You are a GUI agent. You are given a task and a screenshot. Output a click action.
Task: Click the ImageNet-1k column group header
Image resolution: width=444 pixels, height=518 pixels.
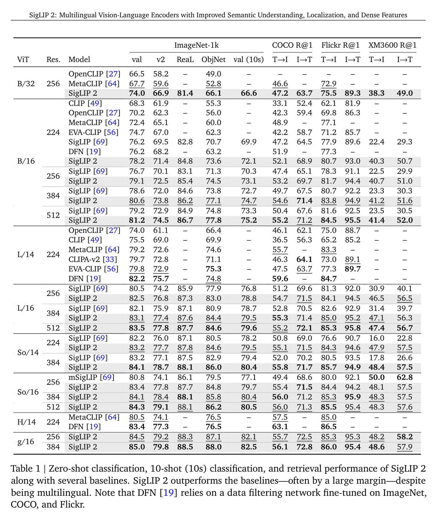[196, 45]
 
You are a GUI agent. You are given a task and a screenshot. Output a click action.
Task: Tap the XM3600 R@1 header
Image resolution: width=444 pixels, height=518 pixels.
[392, 45]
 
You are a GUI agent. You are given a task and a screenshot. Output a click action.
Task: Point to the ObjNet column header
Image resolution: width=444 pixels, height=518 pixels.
[214, 59]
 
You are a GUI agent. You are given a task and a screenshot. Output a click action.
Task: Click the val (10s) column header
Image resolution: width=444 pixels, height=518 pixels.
[248, 59]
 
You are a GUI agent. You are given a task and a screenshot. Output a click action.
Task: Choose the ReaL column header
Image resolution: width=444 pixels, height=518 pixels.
[185, 59]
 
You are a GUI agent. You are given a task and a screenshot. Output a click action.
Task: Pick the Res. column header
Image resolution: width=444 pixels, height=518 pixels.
[54, 59]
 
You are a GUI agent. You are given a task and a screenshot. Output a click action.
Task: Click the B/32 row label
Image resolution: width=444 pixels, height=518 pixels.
[26, 84]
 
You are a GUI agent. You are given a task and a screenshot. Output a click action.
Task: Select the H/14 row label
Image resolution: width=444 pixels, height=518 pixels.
[26, 422]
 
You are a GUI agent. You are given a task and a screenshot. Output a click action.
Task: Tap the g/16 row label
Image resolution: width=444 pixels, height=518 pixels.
[26, 442]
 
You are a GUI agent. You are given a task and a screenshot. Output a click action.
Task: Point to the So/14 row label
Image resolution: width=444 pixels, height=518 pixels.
[28, 352]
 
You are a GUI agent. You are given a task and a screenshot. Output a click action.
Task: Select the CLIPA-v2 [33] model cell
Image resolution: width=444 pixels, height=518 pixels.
[93, 259]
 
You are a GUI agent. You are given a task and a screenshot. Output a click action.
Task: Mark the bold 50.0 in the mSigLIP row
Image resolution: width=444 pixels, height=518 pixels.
[376, 377]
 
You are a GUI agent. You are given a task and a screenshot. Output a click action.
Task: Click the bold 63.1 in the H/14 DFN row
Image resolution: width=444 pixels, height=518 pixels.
[280, 427]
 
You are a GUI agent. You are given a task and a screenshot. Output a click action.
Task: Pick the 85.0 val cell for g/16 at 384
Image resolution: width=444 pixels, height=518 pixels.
[137, 446]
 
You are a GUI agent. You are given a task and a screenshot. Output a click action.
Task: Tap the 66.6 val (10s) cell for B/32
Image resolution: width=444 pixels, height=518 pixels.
[248, 93]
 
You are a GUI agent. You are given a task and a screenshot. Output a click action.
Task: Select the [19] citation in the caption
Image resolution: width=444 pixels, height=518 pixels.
[168, 492]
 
